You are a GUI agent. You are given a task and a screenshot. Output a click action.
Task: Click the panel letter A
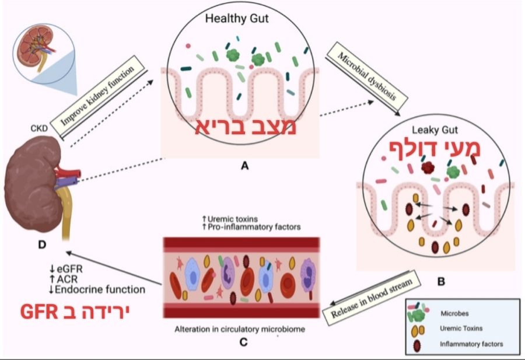click(245, 166)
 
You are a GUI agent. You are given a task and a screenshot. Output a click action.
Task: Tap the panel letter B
click(441, 281)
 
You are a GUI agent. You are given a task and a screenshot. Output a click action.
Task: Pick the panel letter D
click(41, 244)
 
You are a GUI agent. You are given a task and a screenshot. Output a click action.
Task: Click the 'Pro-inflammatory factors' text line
click(251, 226)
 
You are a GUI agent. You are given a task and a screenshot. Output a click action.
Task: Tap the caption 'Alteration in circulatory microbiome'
click(240, 329)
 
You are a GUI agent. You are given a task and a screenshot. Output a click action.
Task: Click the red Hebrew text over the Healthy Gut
click(246, 128)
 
